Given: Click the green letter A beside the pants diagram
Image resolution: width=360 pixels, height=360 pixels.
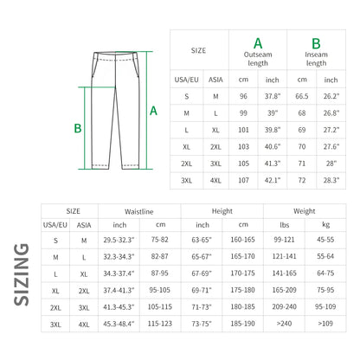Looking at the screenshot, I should [x=153, y=111].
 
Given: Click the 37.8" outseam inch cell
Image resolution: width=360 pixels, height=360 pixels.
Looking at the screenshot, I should [x=273, y=97].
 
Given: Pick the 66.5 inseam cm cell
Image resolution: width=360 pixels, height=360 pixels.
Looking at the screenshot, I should [x=302, y=97].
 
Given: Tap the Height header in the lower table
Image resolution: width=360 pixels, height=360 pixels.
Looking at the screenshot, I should [x=222, y=211].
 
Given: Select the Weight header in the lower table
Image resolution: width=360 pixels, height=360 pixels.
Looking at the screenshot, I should [x=303, y=211].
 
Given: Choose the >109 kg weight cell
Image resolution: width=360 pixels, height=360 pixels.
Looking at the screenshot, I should [x=325, y=324].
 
